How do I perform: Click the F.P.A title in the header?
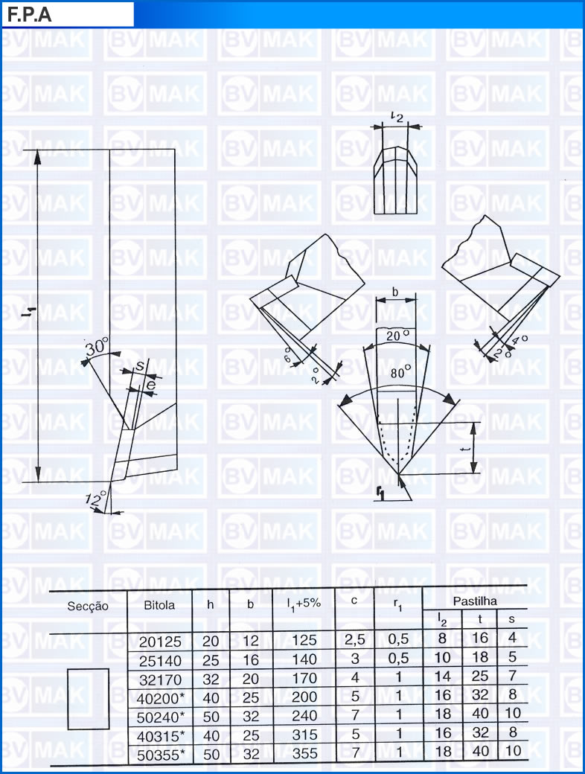point(29,14)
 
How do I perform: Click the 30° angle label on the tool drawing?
point(97,347)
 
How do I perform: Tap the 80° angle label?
point(400,371)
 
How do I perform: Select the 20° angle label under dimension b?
point(397,336)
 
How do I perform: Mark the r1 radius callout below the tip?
point(380,493)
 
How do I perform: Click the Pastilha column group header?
point(475,601)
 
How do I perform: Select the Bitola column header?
point(159,605)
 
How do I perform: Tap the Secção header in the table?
point(87,606)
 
